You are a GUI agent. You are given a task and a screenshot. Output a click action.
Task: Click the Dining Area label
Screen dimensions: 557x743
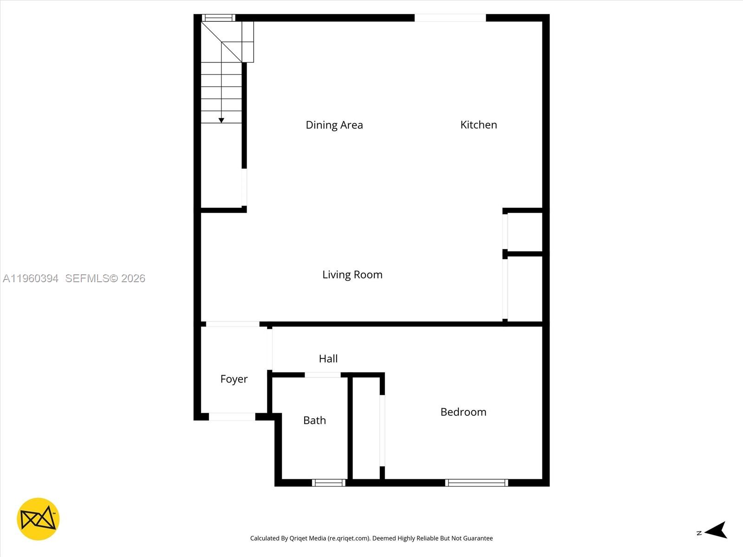[x=334, y=125]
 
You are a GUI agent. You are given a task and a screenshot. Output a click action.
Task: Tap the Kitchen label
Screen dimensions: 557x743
[x=478, y=124]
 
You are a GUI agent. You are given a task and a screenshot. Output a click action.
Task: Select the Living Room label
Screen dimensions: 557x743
[x=352, y=274]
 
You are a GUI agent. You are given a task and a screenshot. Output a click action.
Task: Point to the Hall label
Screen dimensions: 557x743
[x=328, y=358]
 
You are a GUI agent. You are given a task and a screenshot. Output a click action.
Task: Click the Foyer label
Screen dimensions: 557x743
[x=234, y=379]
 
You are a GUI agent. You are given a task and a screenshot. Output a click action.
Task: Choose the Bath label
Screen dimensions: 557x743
[x=314, y=420]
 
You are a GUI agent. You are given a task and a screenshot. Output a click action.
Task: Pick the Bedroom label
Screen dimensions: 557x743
[x=463, y=412]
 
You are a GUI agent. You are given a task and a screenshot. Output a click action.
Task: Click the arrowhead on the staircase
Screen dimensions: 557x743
[x=222, y=120]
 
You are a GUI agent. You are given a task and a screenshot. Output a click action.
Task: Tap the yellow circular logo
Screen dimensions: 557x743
[x=38, y=519]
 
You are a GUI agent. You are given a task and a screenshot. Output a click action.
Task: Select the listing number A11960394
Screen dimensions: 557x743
[x=31, y=278]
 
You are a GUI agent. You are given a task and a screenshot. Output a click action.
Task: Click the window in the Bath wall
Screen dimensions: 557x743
[x=329, y=483]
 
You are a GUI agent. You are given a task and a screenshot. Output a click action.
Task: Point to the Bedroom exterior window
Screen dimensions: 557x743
[x=476, y=483]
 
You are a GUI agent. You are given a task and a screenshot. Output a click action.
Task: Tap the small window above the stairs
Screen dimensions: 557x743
[x=218, y=18]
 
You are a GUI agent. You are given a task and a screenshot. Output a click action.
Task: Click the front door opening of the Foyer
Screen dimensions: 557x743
[x=232, y=417]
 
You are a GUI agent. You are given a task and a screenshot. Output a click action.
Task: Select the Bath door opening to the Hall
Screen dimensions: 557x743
[x=322, y=375]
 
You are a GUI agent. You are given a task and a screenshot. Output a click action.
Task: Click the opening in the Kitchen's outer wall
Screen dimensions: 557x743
[x=450, y=18]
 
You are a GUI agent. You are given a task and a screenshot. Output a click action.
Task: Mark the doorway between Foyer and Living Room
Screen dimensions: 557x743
[x=233, y=324]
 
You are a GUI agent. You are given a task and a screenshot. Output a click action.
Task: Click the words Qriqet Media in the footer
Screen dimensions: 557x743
[x=307, y=538]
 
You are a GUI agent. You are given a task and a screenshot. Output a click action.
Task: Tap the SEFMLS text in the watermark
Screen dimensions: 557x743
[x=87, y=278]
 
